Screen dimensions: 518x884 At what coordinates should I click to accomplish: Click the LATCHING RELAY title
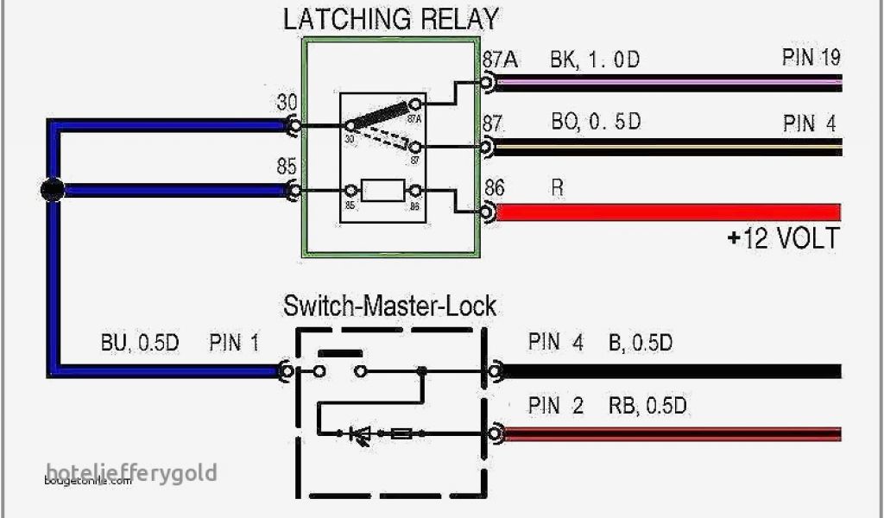tap(391, 19)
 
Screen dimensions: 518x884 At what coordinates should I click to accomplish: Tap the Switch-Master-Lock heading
tap(390, 306)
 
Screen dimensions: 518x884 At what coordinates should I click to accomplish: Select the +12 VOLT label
tap(782, 239)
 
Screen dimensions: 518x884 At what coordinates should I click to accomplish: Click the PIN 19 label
tap(811, 58)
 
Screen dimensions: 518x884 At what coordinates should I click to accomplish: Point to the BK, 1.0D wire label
tap(596, 60)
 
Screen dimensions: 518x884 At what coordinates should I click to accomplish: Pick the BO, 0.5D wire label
tap(596, 122)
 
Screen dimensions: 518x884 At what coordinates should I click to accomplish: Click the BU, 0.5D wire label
tap(139, 343)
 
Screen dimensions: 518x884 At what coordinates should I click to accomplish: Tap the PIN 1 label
tap(234, 343)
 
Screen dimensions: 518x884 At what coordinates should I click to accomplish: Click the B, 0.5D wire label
tap(640, 343)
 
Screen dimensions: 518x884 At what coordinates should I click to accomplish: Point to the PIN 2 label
tap(556, 405)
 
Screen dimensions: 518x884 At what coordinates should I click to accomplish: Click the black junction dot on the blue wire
tap(53, 189)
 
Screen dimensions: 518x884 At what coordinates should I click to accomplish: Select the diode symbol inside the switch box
tap(359, 434)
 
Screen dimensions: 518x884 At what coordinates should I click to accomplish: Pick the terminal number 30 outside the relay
tap(287, 103)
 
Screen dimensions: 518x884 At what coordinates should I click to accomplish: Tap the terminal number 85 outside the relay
tap(287, 167)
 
